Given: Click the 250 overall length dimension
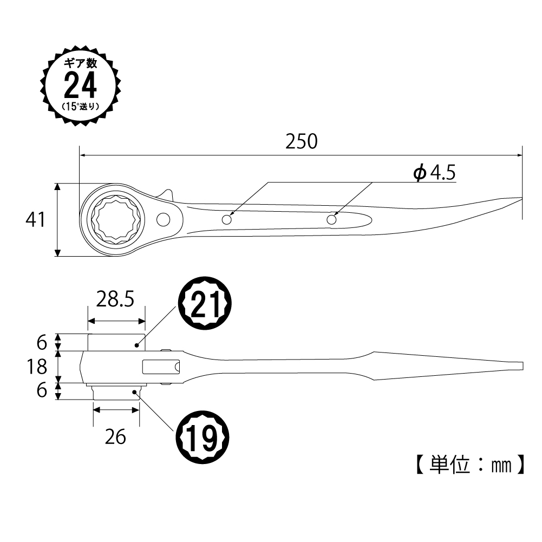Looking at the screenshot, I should pyautogui.click(x=301, y=142).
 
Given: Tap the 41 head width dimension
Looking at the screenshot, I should pyautogui.click(x=35, y=220).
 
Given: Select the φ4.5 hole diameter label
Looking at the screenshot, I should pyautogui.click(x=434, y=173).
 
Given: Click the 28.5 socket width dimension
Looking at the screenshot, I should pyautogui.click(x=115, y=299).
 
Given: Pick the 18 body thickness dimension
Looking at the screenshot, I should pyautogui.click(x=36, y=367).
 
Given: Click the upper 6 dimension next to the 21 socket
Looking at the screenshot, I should pyautogui.click(x=42, y=342).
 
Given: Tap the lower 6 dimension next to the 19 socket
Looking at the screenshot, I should pyautogui.click(x=42, y=391).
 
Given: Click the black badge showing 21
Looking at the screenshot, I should pyautogui.click(x=205, y=305).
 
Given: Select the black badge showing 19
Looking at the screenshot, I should pyautogui.click(x=202, y=434).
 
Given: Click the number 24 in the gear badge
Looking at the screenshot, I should pyautogui.click(x=80, y=85).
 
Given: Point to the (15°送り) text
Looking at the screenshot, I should pyautogui.click(x=80, y=106).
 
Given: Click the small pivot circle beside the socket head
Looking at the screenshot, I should pyautogui.click(x=163, y=219).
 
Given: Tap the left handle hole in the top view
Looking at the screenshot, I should pyautogui.click(x=227, y=220).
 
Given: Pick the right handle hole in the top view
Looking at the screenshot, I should pyautogui.click(x=332, y=219).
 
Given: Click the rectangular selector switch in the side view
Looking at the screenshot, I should pyautogui.click(x=161, y=367).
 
